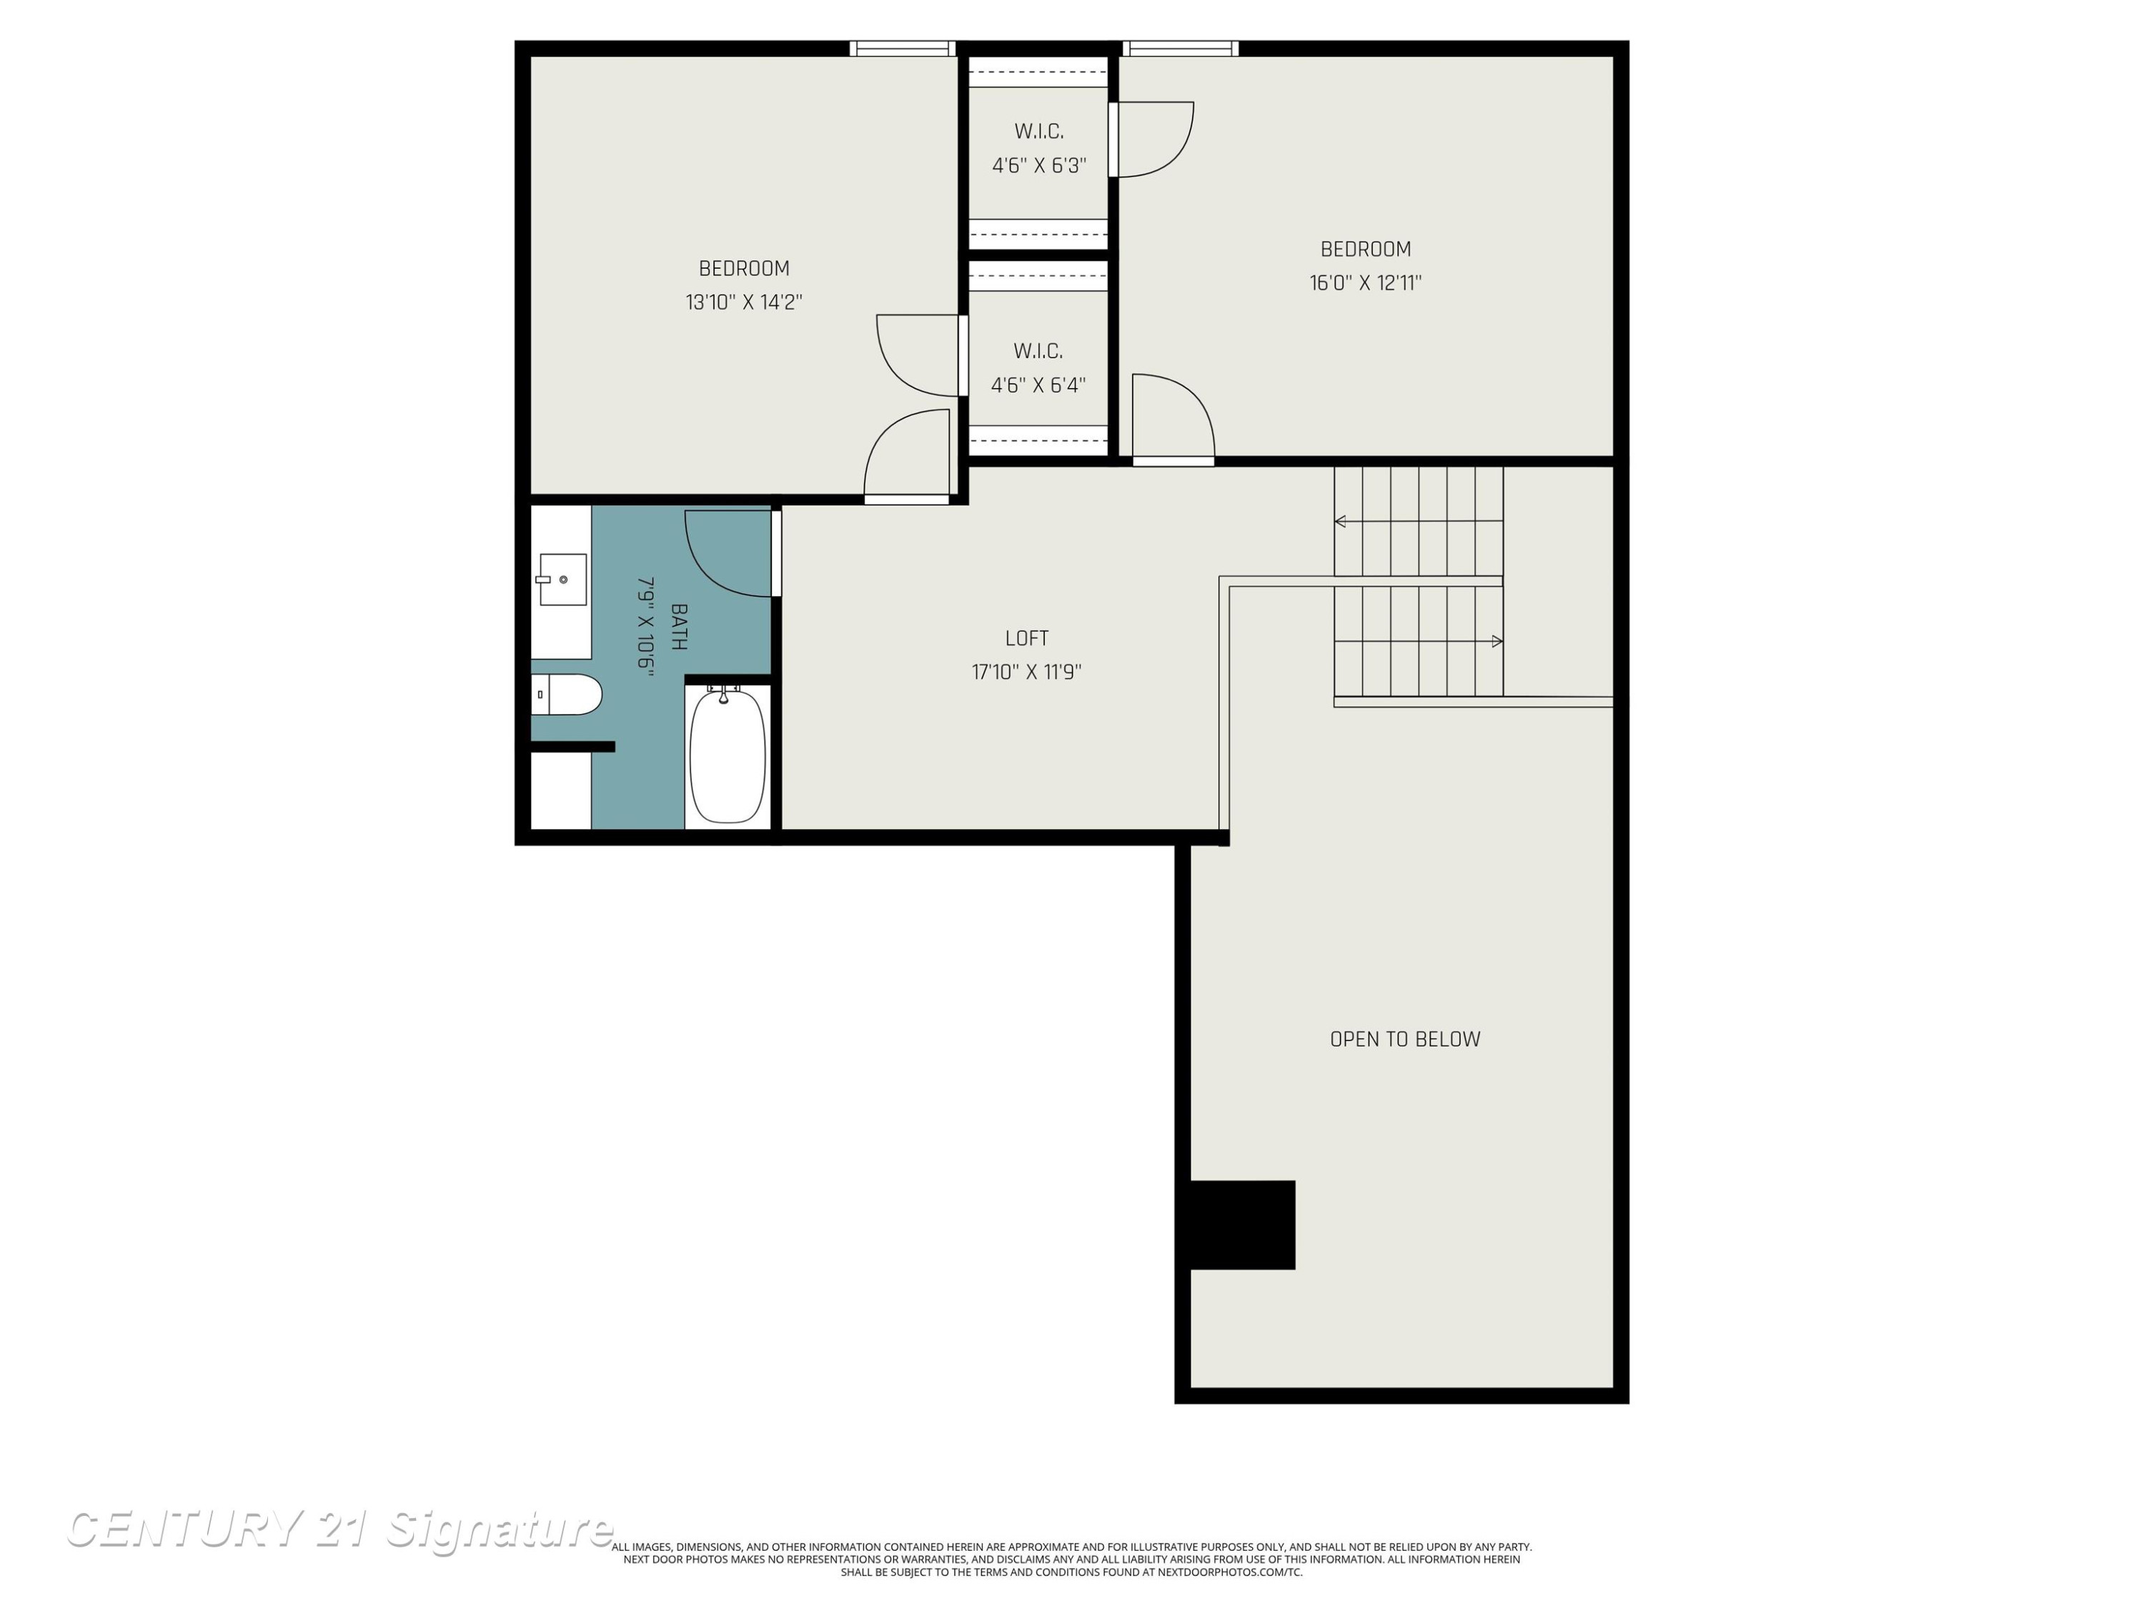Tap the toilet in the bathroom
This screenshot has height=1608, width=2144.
[x=566, y=694]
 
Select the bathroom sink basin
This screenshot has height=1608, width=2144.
[x=562, y=580]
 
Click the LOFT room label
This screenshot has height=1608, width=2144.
[x=1026, y=637]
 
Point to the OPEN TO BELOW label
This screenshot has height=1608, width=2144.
[x=1404, y=1039]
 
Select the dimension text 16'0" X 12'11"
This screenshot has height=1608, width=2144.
[x=1366, y=282]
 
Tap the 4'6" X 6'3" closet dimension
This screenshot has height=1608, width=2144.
[x=1038, y=165]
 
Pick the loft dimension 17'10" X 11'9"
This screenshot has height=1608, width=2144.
[x=1026, y=672]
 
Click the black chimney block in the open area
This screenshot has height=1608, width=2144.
[x=1241, y=1224]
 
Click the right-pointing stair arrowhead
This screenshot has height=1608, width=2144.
[x=1497, y=640]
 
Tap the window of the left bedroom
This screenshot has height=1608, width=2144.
[x=903, y=49]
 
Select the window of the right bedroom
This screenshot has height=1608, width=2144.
[x=1181, y=49]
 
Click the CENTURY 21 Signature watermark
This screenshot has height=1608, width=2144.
[x=339, y=1529]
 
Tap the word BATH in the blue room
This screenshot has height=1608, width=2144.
[x=678, y=626]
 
